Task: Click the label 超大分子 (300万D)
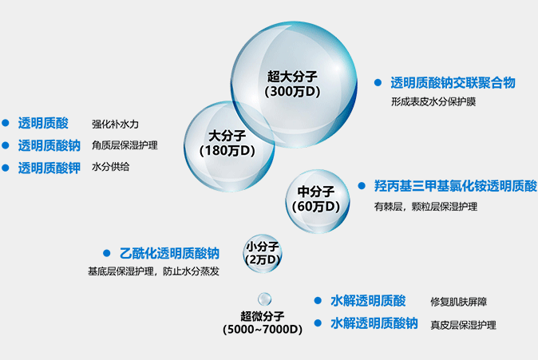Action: point(292,84)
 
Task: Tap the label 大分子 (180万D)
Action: point(227,143)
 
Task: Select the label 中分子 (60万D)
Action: point(316,199)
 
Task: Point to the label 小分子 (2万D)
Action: point(263,253)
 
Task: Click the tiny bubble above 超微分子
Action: point(264,299)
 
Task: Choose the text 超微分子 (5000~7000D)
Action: point(263,322)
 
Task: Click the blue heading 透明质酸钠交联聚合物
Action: point(453,83)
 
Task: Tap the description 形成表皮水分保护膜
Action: point(433,101)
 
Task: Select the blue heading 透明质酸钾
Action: point(49,168)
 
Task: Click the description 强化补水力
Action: point(115,124)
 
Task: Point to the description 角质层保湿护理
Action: point(125,145)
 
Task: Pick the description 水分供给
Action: point(110,167)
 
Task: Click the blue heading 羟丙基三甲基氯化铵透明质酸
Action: point(456,186)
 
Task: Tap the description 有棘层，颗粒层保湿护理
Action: point(425,207)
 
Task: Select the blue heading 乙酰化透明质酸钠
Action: point(169,253)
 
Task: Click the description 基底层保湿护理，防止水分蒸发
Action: point(153,271)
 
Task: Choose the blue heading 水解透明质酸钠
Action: point(374,323)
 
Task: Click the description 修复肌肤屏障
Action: point(459,302)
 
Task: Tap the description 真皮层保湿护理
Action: point(463,325)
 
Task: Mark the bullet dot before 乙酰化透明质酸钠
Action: point(107,253)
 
